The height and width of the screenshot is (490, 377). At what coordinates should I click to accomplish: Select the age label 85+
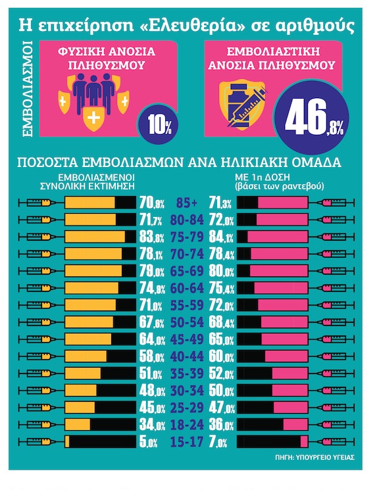pyautogui.click(x=187, y=203)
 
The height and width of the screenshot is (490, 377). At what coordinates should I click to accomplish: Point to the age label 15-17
pyautogui.click(x=187, y=442)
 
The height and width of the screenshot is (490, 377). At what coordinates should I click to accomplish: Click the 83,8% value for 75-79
pyautogui.click(x=151, y=237)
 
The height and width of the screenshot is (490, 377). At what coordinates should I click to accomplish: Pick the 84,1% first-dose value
pyautogui.click(x=221, y=237)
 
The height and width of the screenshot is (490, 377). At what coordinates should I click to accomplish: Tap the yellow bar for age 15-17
pyautogui.click(x=67, y=442)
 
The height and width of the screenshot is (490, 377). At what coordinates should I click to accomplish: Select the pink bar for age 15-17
pyautogui.click(x=304, y=442)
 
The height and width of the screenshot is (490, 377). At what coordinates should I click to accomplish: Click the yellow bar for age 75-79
pyautogui.click(x=95, y=237)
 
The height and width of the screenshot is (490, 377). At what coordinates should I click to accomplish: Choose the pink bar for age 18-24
pyautogui.click(x=295, y=425)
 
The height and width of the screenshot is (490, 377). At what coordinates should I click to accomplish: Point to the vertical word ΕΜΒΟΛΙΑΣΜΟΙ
pyautogui.click(x=28, y=88)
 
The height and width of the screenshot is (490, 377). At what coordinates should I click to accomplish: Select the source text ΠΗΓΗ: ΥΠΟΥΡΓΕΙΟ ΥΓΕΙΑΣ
pyautogui.click(x=314, y=458)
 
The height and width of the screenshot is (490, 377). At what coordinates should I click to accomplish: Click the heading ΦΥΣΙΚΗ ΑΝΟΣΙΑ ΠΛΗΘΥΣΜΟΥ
pyautogui.click(x=107, y=58)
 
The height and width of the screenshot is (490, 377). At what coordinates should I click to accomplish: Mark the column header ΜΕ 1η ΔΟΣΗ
pyautogui.click(x=258, y=177)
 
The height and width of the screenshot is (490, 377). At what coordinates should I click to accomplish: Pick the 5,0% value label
pyautogui.click(x=148, y=442)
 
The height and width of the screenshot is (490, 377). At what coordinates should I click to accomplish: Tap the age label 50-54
pyautogui.click(x=187, y=322)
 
